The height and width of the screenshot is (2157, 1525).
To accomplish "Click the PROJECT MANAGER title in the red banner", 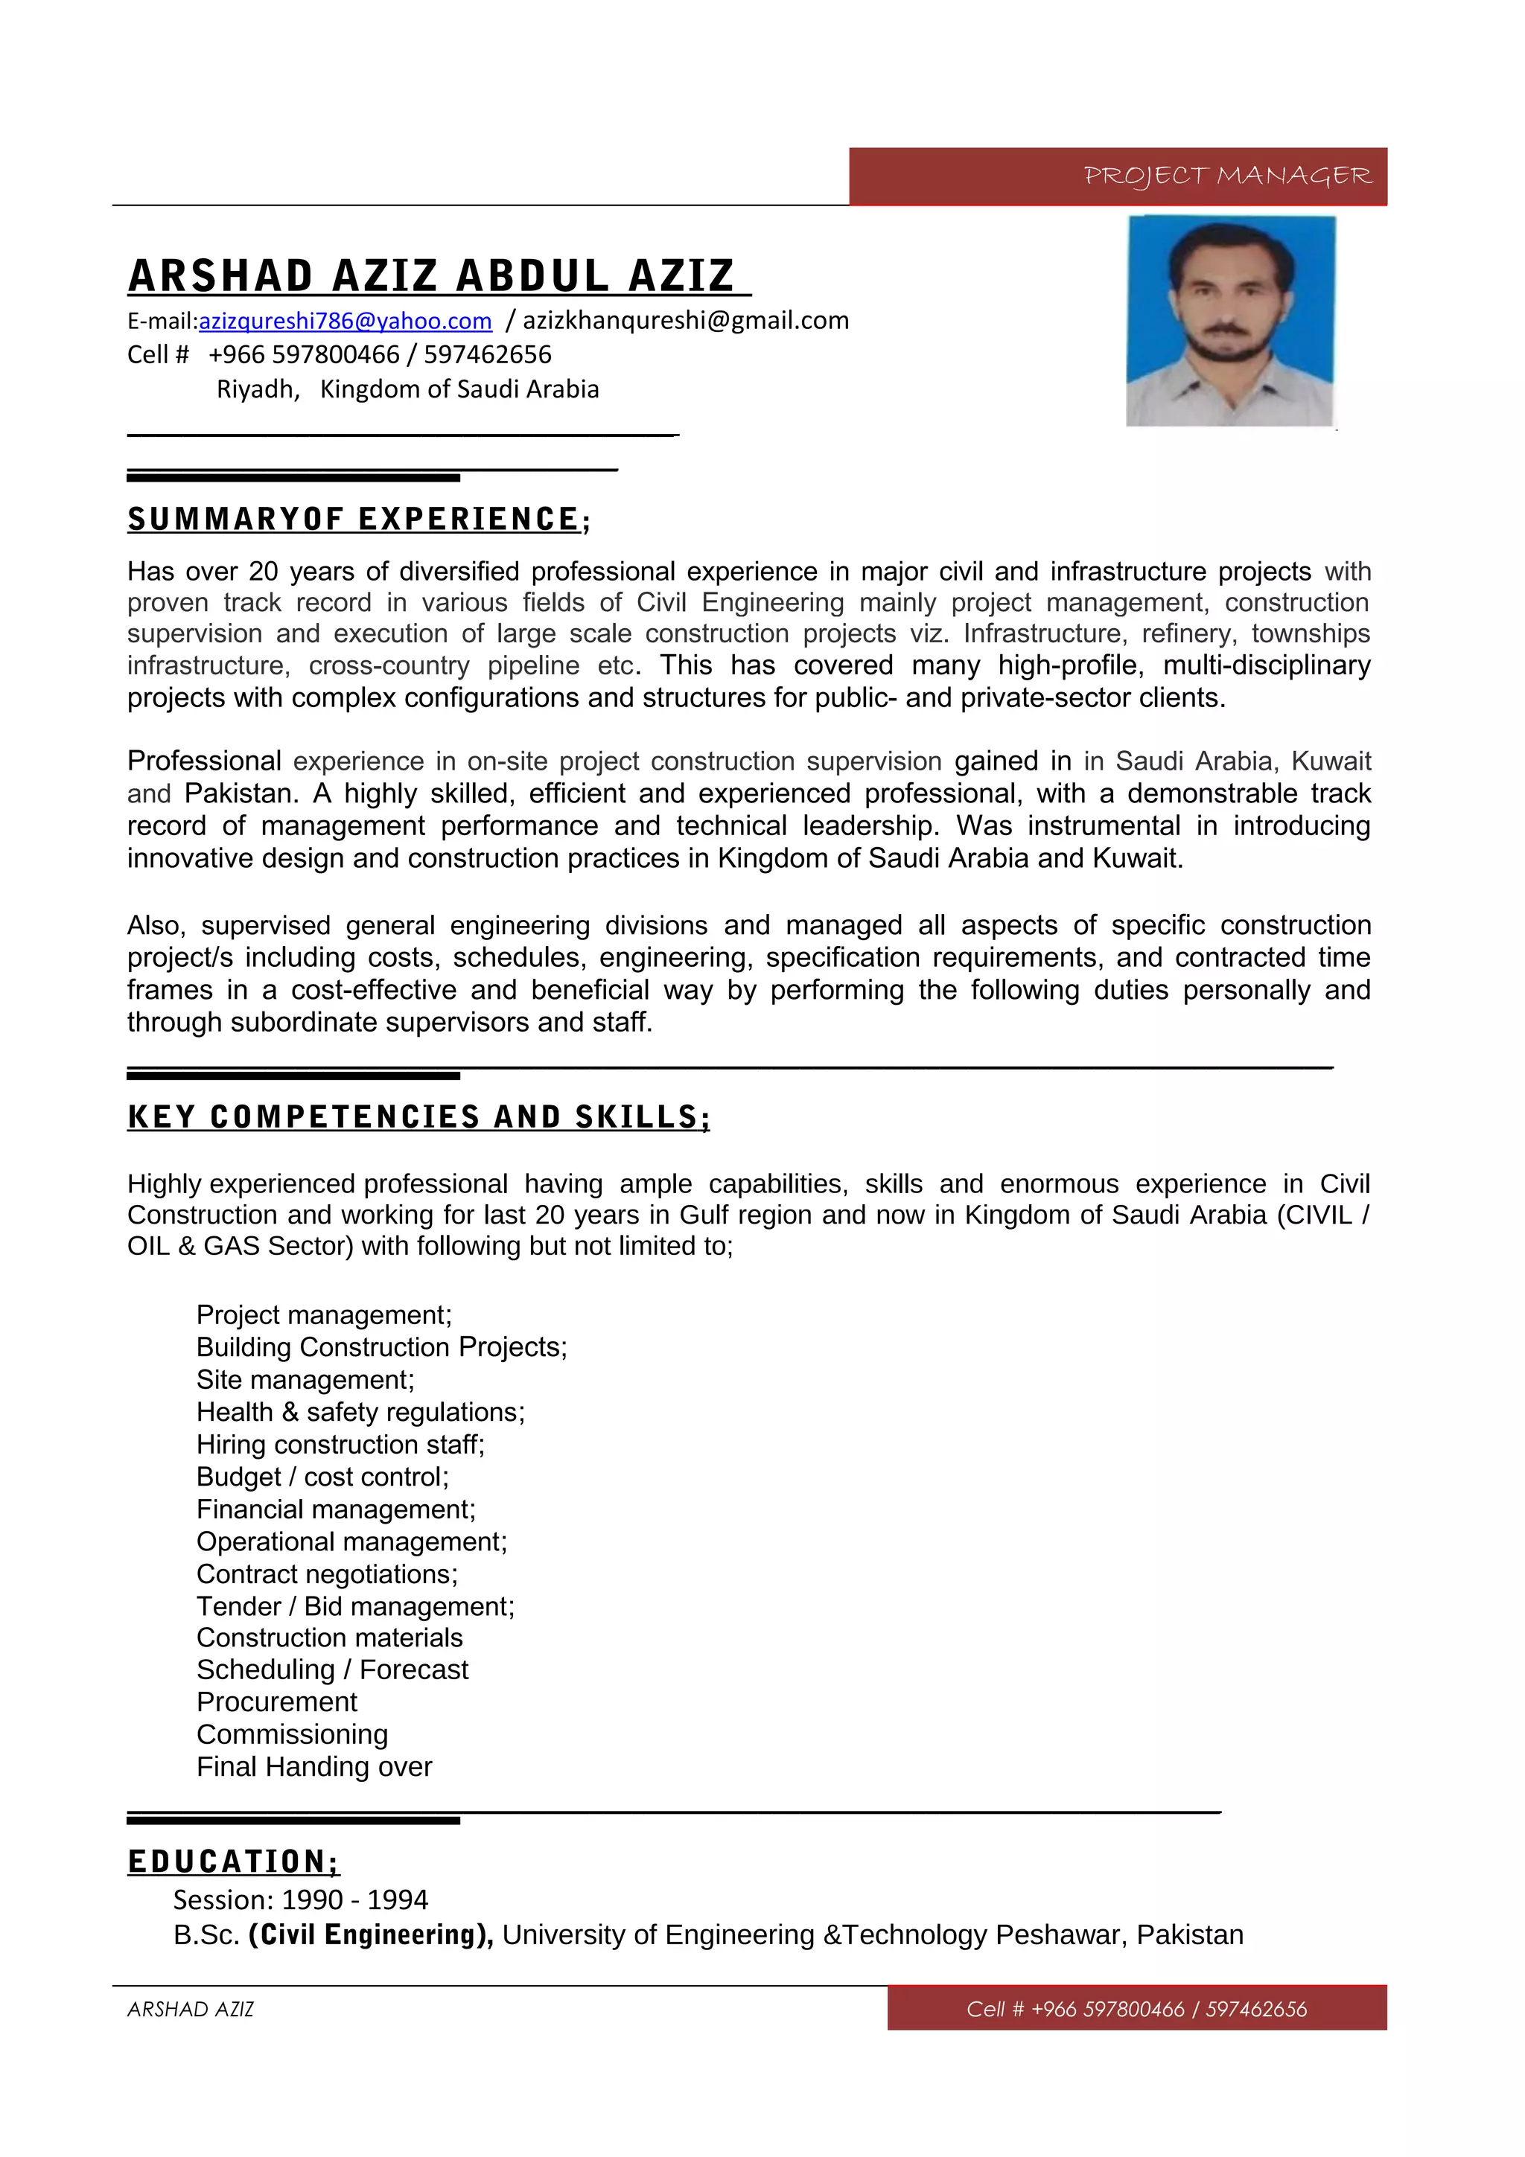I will (1227, 176).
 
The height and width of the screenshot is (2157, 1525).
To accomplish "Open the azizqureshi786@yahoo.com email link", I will (345, 322).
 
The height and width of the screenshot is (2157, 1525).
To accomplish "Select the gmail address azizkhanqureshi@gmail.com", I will (685, 320).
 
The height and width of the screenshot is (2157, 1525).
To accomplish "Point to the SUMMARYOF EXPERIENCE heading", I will (358, 520).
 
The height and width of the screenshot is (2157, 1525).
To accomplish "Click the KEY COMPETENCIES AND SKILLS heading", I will (418, 1117).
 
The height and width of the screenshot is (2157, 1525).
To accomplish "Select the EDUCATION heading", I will (233, 1861).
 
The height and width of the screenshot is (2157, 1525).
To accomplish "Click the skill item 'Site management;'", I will (305, 1379).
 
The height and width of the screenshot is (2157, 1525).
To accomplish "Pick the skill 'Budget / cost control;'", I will (322, 1476).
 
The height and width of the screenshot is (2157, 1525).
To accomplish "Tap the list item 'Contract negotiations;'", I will (327, 1573).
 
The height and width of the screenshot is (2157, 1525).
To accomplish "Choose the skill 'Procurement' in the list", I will (276, 1701).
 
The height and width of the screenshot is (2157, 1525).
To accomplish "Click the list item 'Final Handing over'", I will (313, 1766).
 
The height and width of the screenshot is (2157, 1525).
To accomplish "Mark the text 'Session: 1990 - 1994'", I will (300, 1899).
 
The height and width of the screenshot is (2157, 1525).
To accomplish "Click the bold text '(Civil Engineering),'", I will (370, 1934).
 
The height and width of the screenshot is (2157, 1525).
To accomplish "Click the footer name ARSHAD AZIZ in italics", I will (191, 2009).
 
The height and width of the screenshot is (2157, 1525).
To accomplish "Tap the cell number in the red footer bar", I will (1136, 2009).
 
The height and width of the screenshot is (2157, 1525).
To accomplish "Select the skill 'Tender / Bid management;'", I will (355, 1605).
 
